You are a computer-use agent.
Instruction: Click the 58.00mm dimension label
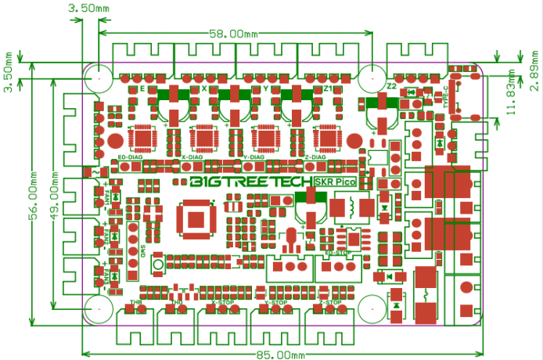[x=234, y=34]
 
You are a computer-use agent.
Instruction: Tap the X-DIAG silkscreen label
[x=192, y=157]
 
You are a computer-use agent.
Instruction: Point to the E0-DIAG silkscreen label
[x=130, y=157]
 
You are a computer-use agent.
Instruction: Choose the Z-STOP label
[x=329, y=302]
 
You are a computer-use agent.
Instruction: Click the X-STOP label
[x=222, y=302]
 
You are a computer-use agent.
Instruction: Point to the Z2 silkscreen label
[x=391, y=85]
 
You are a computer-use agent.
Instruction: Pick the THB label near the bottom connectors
[x=135, y=302]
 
